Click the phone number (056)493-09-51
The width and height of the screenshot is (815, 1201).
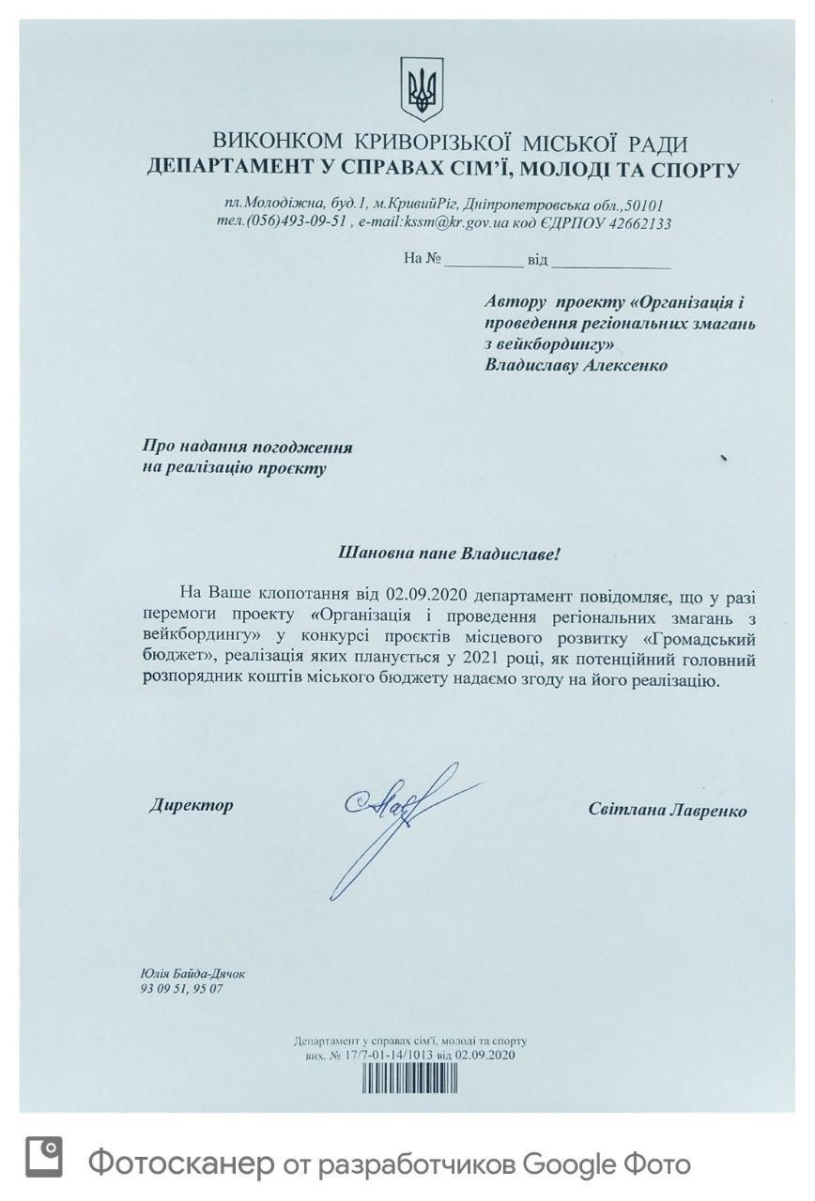pyautogui.click(x=299, y=223)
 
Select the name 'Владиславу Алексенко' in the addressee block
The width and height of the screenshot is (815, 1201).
pyautogui.click(x=576, y=365)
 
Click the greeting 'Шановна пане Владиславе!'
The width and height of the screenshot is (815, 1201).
pyautogui.click(x=449, y=553)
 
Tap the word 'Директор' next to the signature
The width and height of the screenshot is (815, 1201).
pyautogui.click(x=191, y=805)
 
